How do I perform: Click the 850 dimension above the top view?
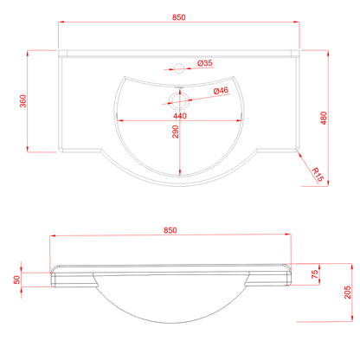tap(179, 17)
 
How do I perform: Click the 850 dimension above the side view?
tap(170, 230)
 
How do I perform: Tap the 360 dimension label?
tap(23, 101)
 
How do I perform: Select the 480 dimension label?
tap(324, 118)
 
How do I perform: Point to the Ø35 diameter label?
tap(205, 63)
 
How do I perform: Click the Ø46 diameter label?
tap(221, 91)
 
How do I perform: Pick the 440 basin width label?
tap(180, 116)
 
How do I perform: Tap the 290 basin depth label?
tap(176, 132)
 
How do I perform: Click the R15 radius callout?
tap(318, 175)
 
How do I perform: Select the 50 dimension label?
tap(17, 280)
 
